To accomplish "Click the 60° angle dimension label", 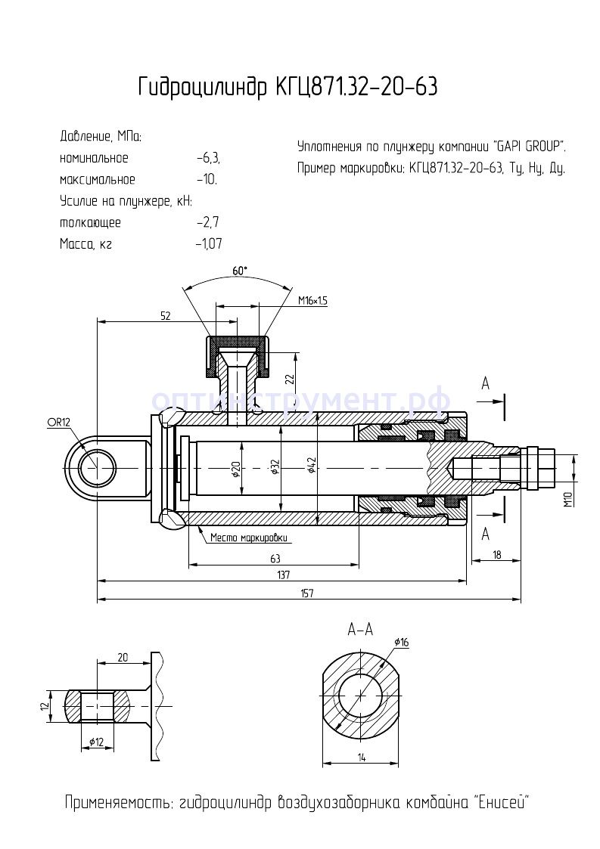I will pyautogui.click(x=240, y=271).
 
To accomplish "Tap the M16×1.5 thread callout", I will pyautogui.click(x=312, y=300).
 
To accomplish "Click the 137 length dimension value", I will pyautogui.click(x=283, y=575).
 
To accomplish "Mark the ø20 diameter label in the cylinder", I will pyautogui.click(x=235, y=469).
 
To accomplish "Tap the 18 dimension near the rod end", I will pyautogui.click(x=496, y=556).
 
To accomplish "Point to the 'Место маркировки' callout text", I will pyautogui.click(x=250, y=538).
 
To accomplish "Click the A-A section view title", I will pyautogui.click(x=361, y=628).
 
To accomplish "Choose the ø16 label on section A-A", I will pyautogui.click(x=401, y=643).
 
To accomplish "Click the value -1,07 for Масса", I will pyautogui.click(x=208, y=244).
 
